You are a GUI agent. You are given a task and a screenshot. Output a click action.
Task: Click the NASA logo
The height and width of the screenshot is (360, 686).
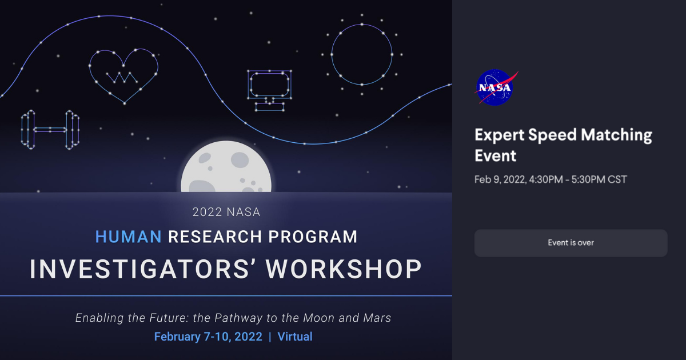[x=496, y=87]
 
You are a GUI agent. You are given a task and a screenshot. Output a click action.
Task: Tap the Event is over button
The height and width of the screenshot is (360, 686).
[x=571, y=243]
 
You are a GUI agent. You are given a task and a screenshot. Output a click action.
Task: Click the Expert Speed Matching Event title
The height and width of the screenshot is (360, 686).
[x=563, y=145]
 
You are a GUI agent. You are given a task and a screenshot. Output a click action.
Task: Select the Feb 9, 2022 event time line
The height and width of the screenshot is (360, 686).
[x=551, y=179]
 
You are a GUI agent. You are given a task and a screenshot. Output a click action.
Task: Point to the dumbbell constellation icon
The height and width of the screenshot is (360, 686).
[x=50, y=130]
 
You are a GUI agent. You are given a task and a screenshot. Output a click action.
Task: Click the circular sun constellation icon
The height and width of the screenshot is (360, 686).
[x=362, y=55]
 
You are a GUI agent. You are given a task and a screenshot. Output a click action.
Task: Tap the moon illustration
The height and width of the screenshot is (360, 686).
[x=226, y=169]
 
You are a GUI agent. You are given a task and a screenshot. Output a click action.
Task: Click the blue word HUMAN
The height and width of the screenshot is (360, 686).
[x=129, y=237]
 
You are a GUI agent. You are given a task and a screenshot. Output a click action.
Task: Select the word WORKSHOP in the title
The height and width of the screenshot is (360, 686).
[x=344, y=269]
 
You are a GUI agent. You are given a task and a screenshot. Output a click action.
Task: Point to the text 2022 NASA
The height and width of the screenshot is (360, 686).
[x=226, y=212]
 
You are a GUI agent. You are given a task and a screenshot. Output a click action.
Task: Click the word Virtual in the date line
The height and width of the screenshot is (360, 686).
[x=295, y=337]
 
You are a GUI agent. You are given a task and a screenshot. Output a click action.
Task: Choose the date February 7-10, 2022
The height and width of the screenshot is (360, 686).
[x=208, y=337]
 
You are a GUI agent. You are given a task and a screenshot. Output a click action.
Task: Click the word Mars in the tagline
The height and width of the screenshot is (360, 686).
[x=377, y=318]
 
